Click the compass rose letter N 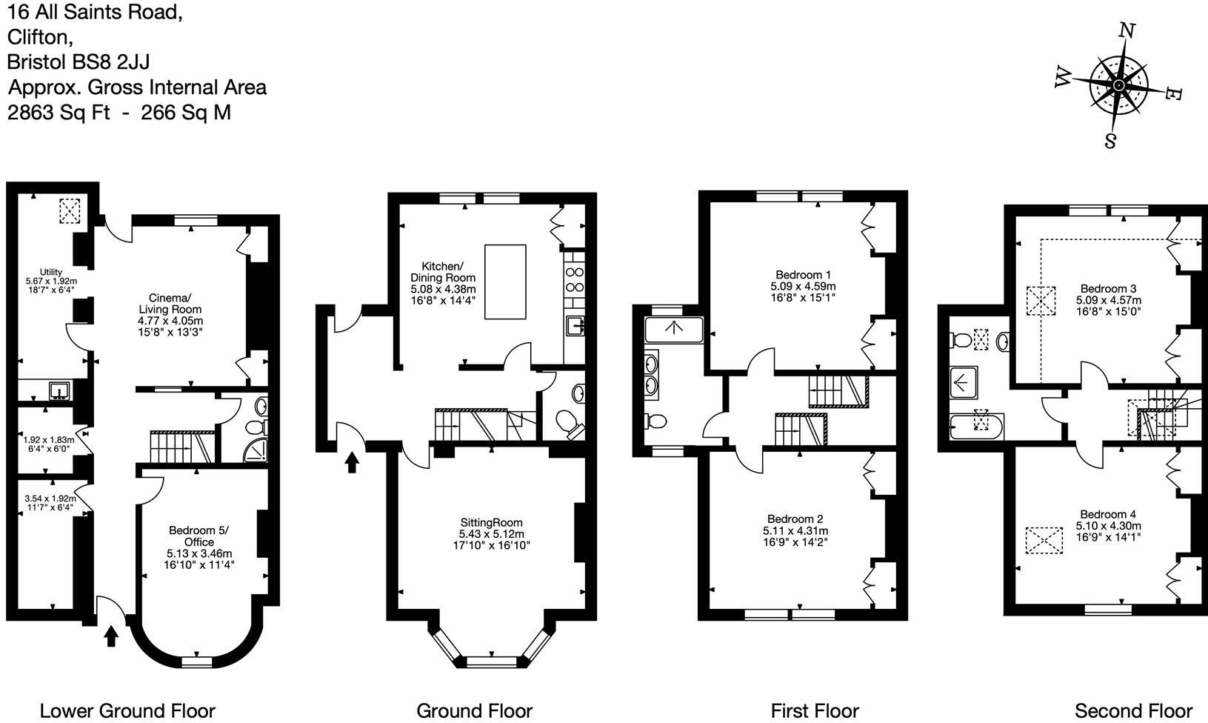point(1127,31)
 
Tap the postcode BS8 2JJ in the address point(110,62)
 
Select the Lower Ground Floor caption point(127,711)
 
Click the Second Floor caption point(1133,711)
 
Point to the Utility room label point(51,272)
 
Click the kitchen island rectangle point(505,281)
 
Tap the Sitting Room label point(491,522)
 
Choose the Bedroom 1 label point(803,275)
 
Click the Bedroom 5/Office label point(199,536)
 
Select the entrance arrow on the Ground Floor point(352,462)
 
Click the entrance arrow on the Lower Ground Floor point(111,636)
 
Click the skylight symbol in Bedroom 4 point(1044,540)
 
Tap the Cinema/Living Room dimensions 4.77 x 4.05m point(170,321)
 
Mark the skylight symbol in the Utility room point(69,211)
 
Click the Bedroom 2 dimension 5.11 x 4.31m point(795,530)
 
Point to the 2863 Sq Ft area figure point(59,113)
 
